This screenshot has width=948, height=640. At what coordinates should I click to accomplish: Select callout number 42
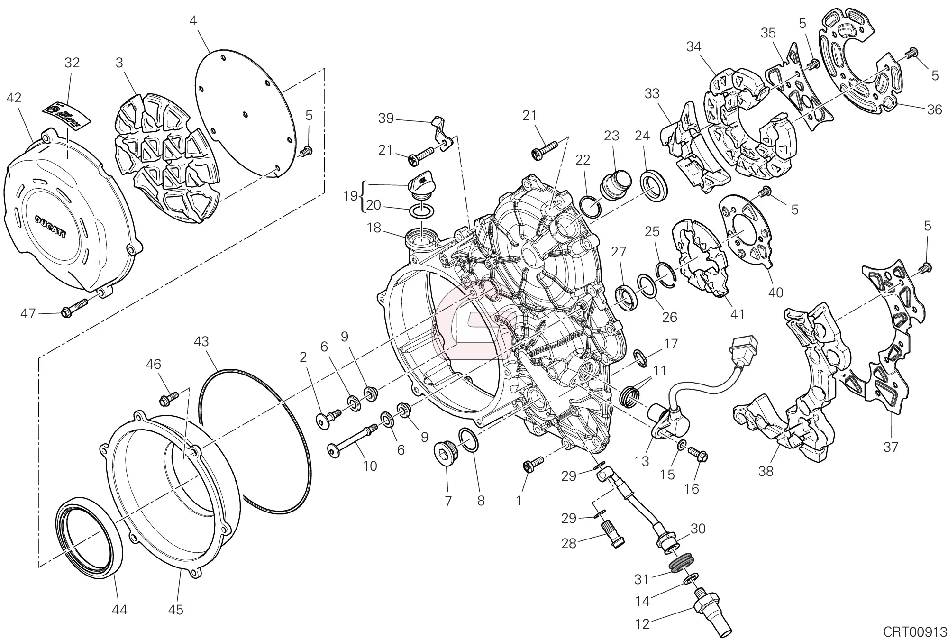(14, 98)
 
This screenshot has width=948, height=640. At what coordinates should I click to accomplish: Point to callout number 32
(72, 63)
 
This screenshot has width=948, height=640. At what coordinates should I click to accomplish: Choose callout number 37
(891, 447)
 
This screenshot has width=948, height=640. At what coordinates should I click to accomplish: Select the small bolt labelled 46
(169, 399)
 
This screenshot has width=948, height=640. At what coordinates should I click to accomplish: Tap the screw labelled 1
(533, 466)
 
